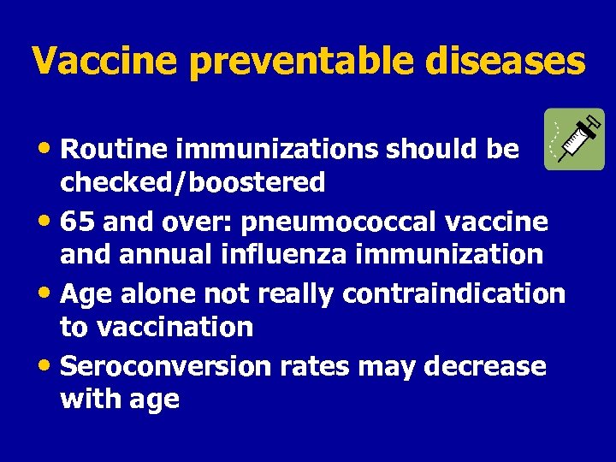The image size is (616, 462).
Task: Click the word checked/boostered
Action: [x=192, y=182]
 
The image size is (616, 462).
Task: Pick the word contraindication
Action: [x=453, y=293]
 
